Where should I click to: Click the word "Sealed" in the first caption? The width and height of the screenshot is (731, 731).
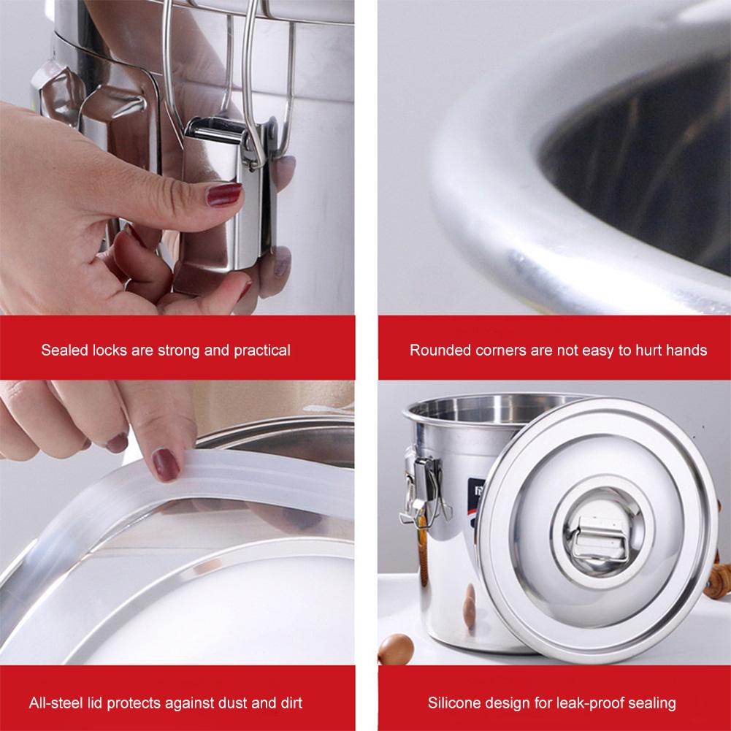click(62, 351)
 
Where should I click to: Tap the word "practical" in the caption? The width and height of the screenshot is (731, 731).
click(261, 351)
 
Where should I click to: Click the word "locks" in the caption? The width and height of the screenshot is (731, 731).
click(106, 351)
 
